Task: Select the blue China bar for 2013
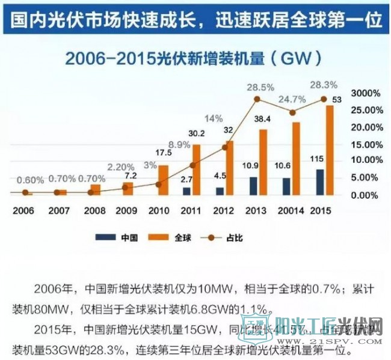253,186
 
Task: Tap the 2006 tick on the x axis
23,212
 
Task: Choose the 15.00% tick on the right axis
366,144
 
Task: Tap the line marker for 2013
257,99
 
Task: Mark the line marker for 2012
224,147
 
